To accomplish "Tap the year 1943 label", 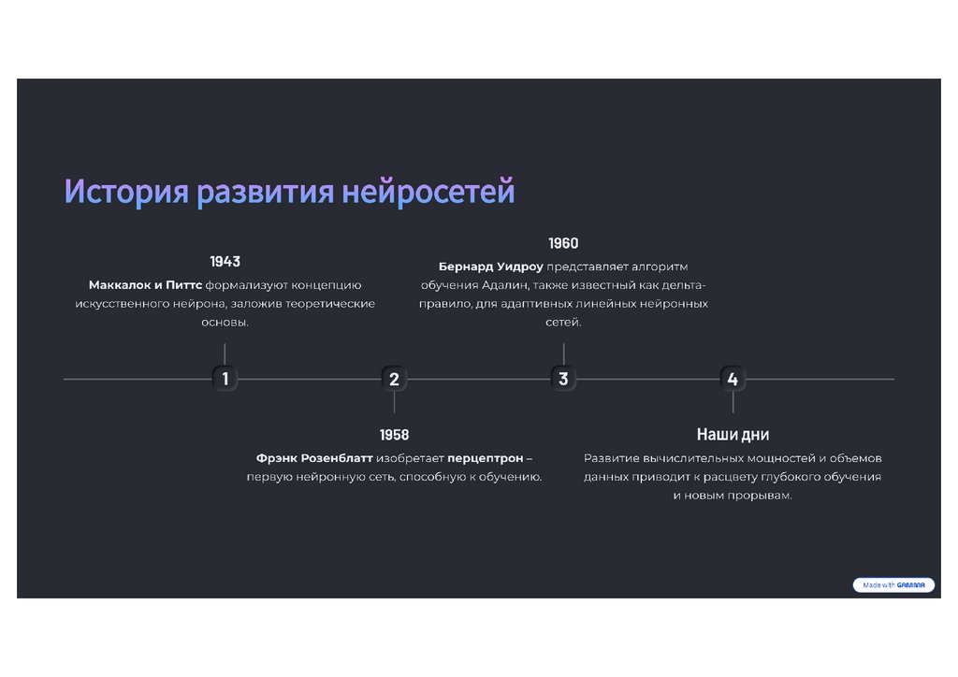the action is [x=225, y=262].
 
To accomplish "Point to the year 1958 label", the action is [x=394, y=435].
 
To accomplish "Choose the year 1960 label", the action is [x=563, y=243].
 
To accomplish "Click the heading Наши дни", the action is [x=733, y=435].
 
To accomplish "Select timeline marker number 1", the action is [x=225, y=379].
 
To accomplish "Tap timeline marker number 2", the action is [x=394, y=379].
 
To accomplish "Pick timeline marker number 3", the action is [x=563, y=379].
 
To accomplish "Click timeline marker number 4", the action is [x=733, y=379].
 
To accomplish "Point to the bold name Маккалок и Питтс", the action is [x=145, y=285].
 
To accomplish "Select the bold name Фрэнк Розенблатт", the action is [x=313, y=458].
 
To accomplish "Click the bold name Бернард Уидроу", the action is [x=491, y=266].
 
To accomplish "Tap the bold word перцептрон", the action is [x=485, y=458].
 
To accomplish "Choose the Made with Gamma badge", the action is [x=893, y=585].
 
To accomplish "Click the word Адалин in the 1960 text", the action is [x=506, y=285].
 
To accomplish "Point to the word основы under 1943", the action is [x=225, y=323].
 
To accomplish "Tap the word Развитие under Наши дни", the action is [x=612, y=458].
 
